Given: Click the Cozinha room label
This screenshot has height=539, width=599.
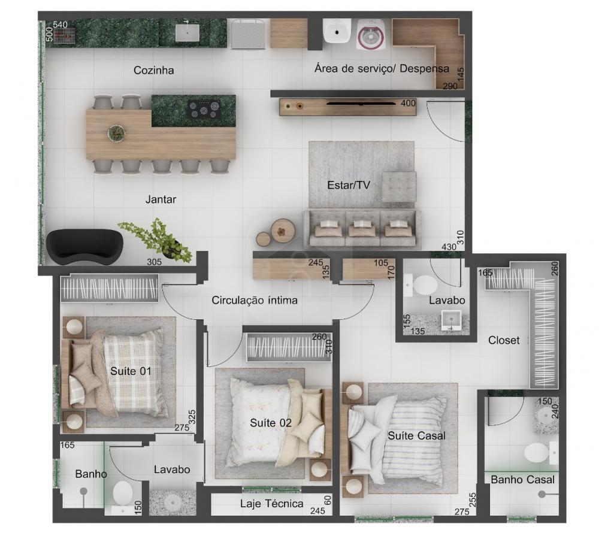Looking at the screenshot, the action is click(153, 70).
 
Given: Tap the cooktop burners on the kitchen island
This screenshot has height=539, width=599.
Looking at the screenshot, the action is click(204, 109).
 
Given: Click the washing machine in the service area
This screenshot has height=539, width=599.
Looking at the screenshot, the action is click(371, 35).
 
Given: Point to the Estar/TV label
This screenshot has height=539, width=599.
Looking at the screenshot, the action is click(349, 185).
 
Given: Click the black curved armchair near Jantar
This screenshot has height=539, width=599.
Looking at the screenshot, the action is click(84, 246).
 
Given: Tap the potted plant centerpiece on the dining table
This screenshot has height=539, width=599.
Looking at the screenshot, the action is click(116, 132).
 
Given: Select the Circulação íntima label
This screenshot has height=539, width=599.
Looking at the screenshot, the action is click(255, 300).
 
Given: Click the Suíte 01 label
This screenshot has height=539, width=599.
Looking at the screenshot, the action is click(131, 371).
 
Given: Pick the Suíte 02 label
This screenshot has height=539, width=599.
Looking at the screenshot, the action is click(271, 423).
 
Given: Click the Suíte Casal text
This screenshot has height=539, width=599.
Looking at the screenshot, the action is click(417, 436).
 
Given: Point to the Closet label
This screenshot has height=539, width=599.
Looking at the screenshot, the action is click(504, 340).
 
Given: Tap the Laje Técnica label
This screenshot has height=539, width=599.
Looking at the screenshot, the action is click(271, 504).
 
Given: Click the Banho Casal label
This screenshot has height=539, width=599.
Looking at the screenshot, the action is click(522, 479).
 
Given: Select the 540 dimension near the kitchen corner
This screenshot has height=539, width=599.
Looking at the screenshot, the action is click(60, 25).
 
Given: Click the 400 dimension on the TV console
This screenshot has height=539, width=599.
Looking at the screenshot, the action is click(408, 103).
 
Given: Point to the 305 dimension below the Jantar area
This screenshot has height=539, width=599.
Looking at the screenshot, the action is click(155, 262).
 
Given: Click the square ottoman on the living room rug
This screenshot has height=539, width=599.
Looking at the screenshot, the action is click(399, 186).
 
